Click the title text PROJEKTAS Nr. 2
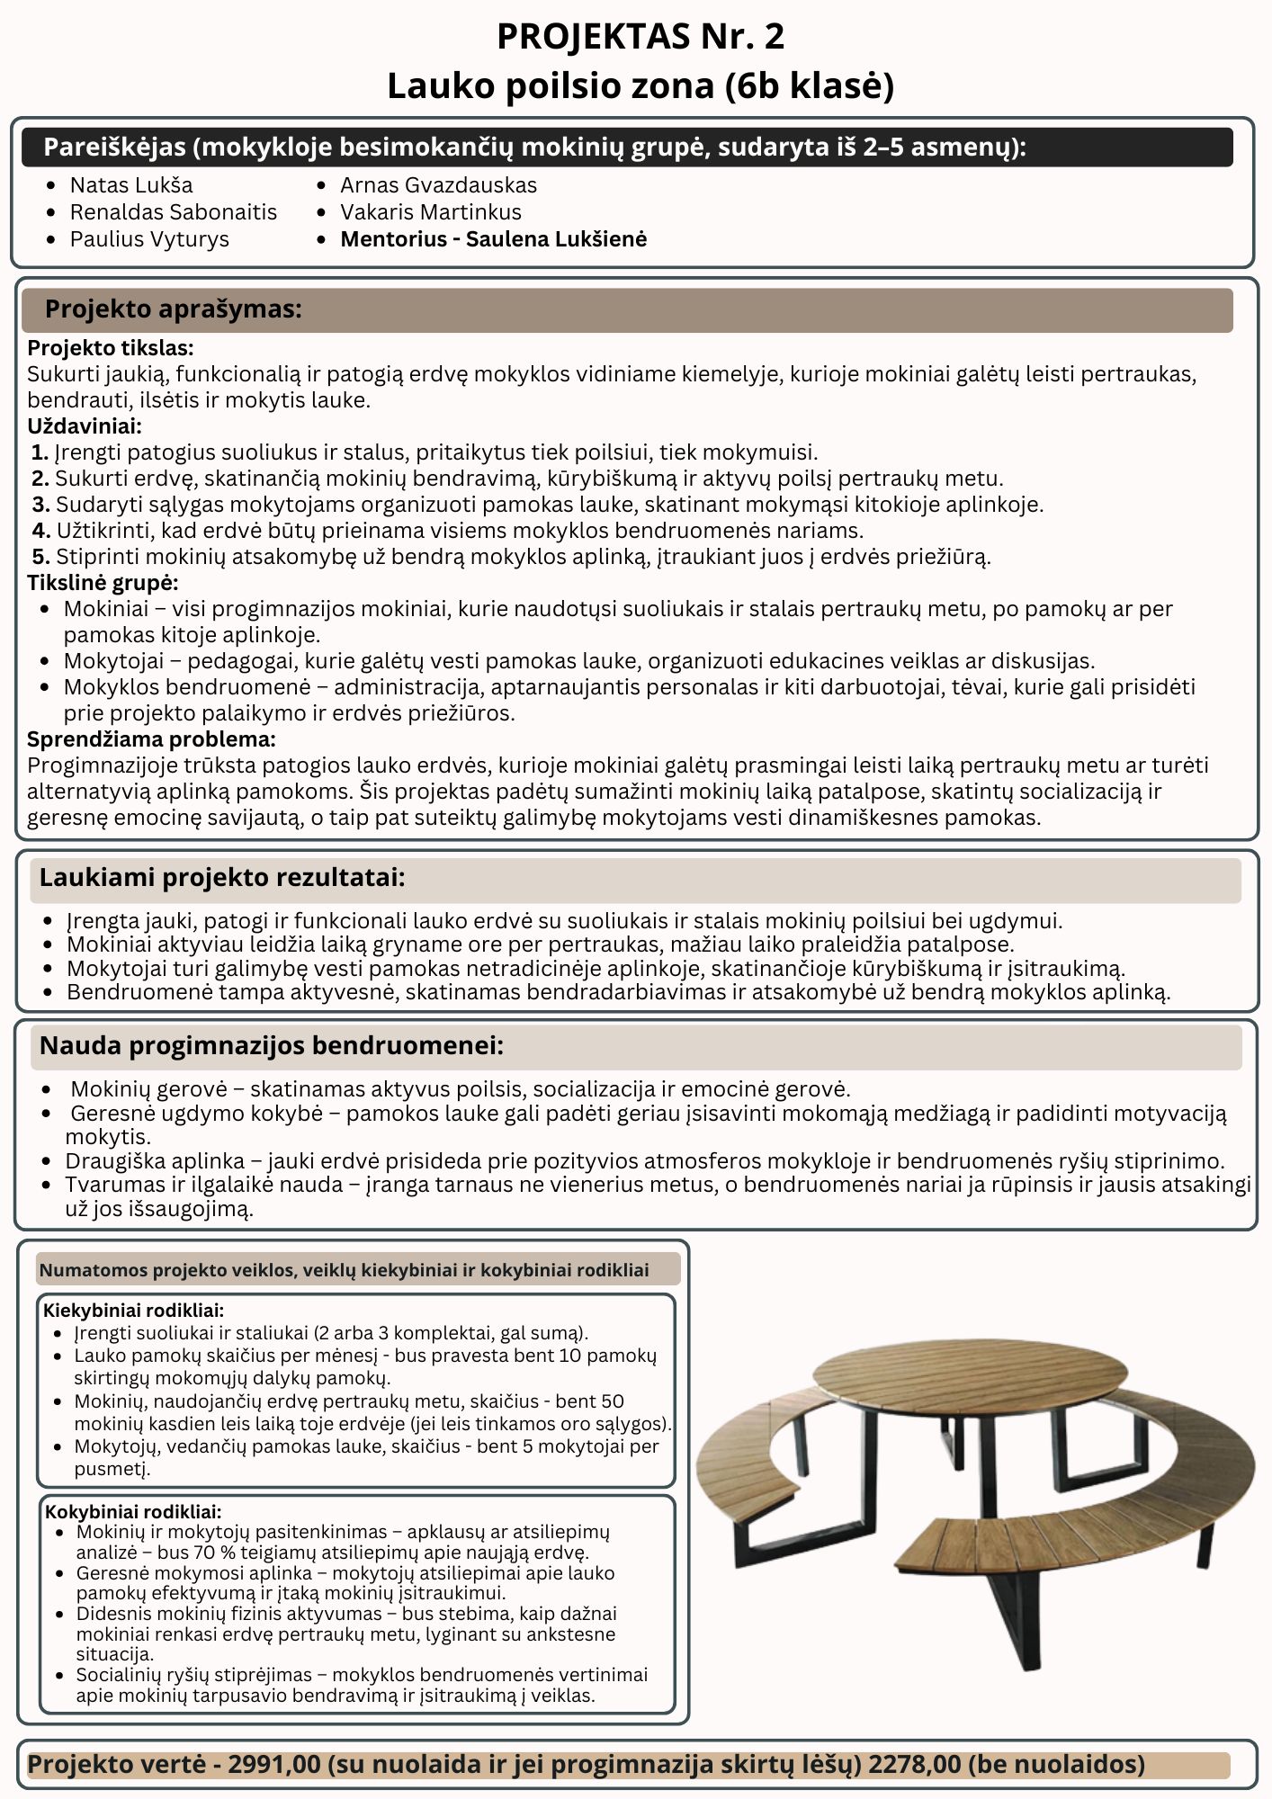(640, 37)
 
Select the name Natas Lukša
(131, 185)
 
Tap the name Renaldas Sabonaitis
(174, 212)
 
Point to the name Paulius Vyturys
(149, 239)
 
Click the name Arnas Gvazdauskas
(438, 185)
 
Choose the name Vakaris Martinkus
(430, 212)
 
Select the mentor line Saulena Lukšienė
(493, 239)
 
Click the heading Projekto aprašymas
(173, 309)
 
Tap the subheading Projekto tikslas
(110, 348)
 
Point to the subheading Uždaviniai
(84, 426)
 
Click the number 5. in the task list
(40, 557)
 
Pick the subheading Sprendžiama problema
(150, 739)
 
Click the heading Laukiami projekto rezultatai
(221, 878)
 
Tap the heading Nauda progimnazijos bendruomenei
(271, 1046)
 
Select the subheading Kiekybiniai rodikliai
(133, 1311)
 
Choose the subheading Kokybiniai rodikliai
(133, 1512)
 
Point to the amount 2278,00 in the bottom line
(914, 1765)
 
